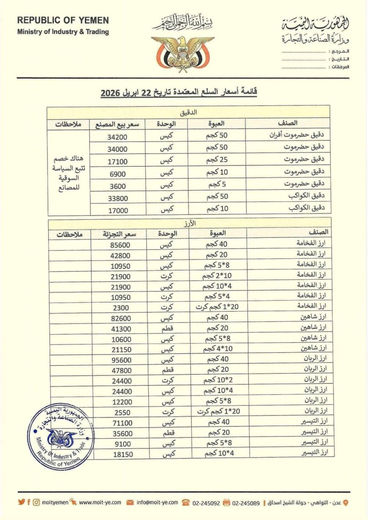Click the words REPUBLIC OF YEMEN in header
(x=63, y=20)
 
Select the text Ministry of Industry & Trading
(x=63, y=32)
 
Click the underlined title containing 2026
(x=179, y=92)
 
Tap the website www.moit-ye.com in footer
(x=100, y=502)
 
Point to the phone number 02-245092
(x=206, y=502)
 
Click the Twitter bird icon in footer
(x=21, y=502)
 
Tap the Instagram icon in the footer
(x=36, y=502)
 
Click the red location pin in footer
(x=346, y=502)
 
